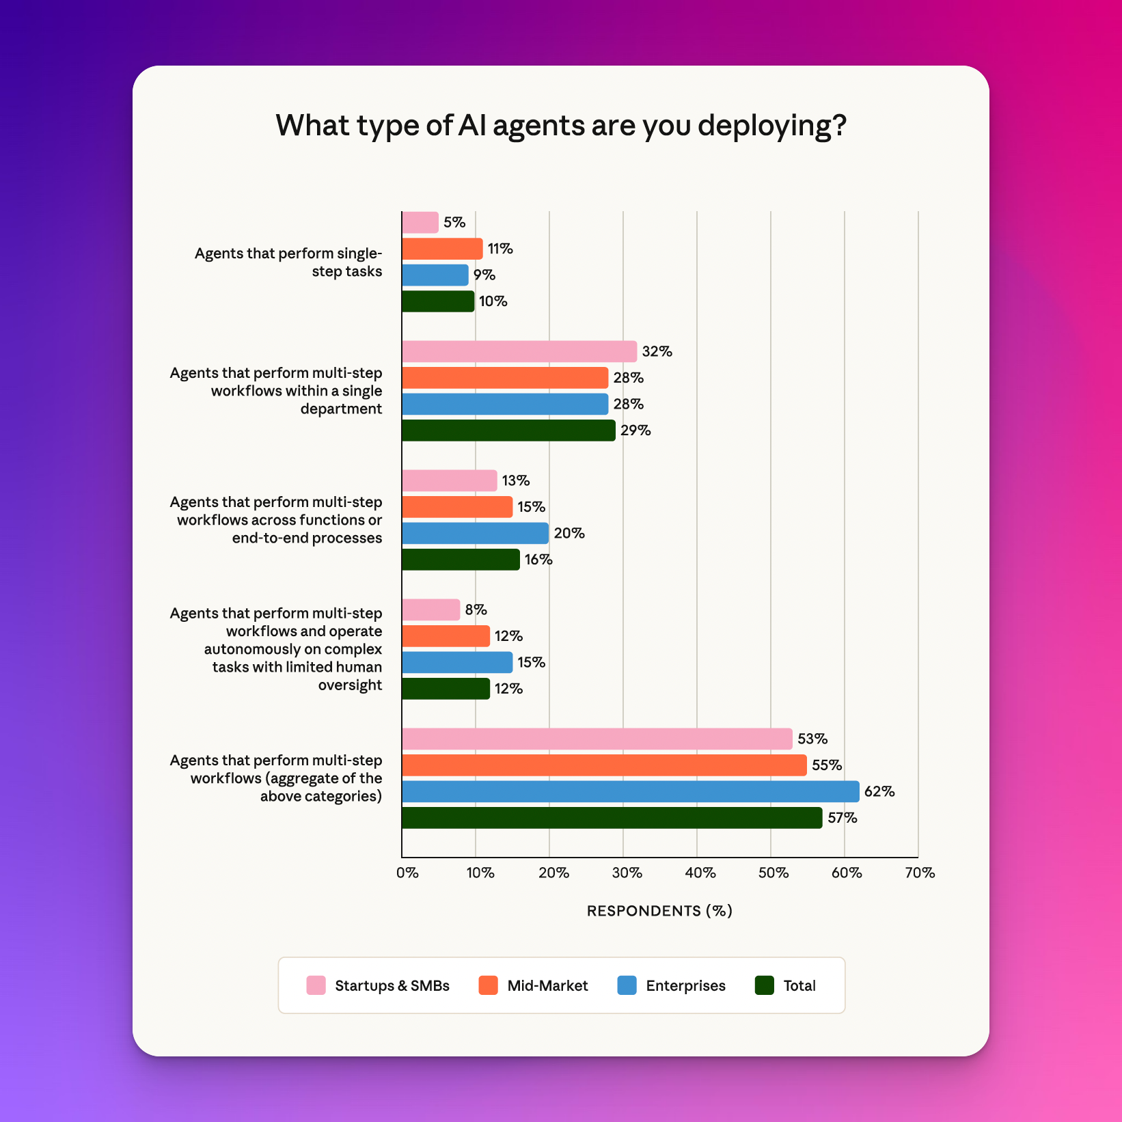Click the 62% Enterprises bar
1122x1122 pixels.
(x=630, y=791)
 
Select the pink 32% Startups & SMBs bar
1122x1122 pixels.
(x=519, y=351)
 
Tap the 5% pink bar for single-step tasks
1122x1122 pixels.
(x=420, y=222)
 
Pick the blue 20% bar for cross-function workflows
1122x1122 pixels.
(x=475, y=533)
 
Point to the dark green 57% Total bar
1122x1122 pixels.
(x=612, y=818)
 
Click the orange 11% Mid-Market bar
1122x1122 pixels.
(x=442, y=249)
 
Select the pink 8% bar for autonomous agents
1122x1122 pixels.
(x=431, y=610)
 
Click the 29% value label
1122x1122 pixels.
(x=635, y=430)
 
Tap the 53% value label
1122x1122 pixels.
(x=812, y=739)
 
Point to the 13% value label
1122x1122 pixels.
(x=516, y=480)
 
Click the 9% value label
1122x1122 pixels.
(x=484, y=275)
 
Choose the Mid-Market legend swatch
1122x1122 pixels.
(x=489, y=985)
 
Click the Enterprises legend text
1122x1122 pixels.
(x=685, y=985)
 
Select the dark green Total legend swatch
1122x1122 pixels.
(x=765, y=985)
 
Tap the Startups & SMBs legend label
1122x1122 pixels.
(x=392, y=985)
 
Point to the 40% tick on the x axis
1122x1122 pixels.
(x=700, y=873)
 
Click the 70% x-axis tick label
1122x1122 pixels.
(x=920, y=873)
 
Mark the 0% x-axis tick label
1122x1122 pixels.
(x=407, y=873)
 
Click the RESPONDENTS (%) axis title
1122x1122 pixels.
(x=659, y=911)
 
